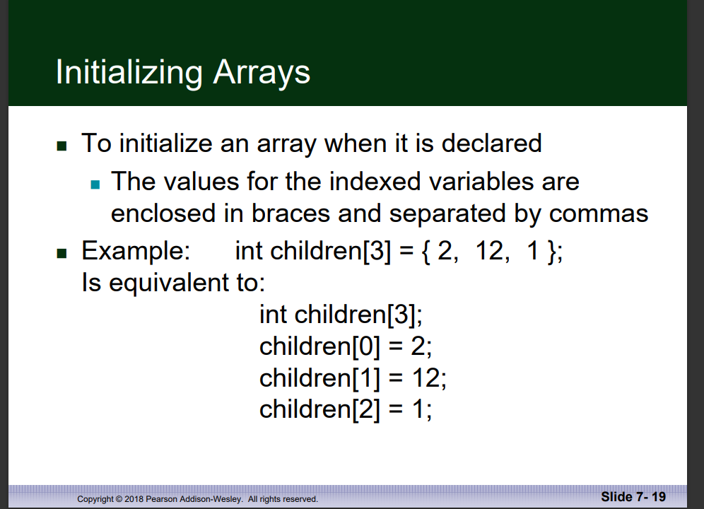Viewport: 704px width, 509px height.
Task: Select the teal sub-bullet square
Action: point(97,185)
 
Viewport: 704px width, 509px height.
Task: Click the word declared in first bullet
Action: point(491,144)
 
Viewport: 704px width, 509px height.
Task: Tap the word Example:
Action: point(135,252)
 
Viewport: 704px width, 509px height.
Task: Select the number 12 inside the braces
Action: point(489,252)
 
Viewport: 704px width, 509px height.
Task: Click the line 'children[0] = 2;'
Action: point(346,346)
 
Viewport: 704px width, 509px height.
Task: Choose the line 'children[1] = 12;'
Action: point(353,378)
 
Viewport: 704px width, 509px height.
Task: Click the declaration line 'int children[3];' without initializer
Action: point(340,314)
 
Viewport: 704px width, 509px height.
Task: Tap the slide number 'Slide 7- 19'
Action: point(633,496)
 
